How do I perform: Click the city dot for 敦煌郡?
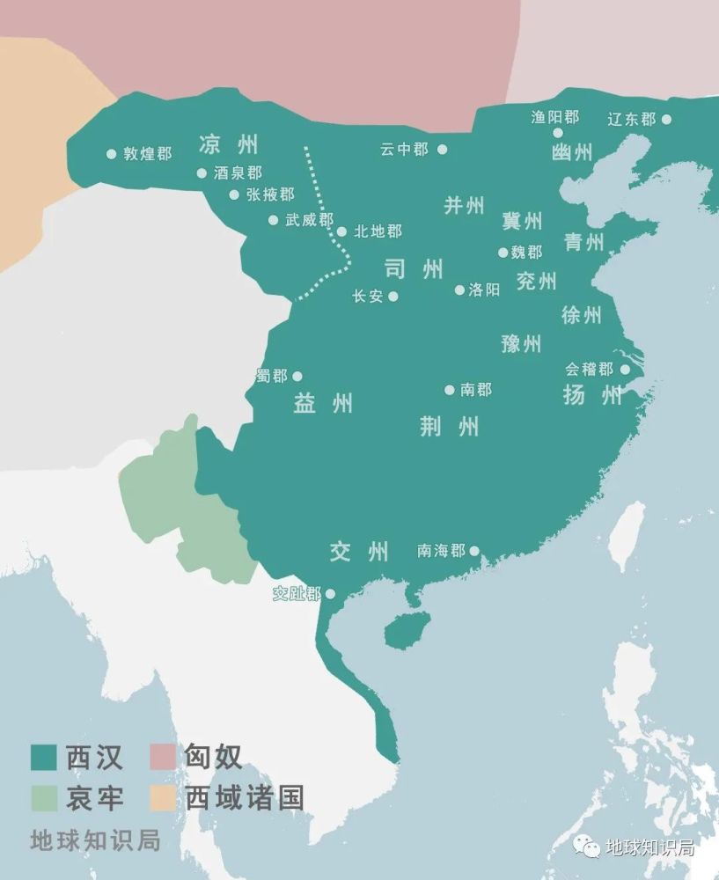[111, 153]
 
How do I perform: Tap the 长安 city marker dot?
[393, 297]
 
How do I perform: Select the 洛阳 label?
[484, 290]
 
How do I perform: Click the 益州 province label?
[323, 403]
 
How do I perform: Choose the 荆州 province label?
[450, 427]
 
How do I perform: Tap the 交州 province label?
[359, 552]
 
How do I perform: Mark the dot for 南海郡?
[474, 551]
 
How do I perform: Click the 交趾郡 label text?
[297, 594]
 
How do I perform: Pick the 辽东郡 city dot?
[666, 119]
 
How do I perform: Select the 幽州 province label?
[572, 152]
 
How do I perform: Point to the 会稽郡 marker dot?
[624, 370]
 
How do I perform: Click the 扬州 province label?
[592, 395]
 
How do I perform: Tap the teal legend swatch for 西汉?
[44, 756]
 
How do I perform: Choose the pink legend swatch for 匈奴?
[163, 756]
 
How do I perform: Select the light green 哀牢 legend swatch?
[44, 798]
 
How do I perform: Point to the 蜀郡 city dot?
[297, 376]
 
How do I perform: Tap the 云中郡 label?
[404, 150]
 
